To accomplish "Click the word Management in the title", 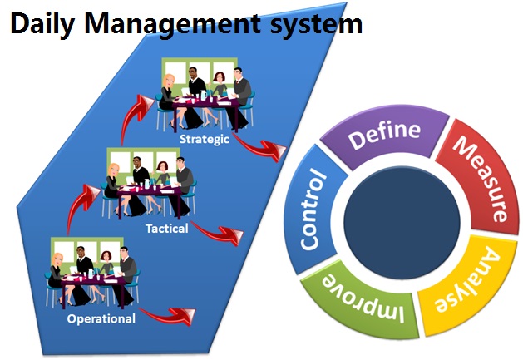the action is click(x=172, y=24).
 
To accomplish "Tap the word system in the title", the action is click(x=316, y=25).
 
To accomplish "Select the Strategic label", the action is click(x=205, y=139).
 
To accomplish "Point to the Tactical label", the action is click(x=167, y=229).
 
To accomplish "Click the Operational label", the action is click(x=101, y=318).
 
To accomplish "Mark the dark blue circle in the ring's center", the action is click(x=402, y=223).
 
